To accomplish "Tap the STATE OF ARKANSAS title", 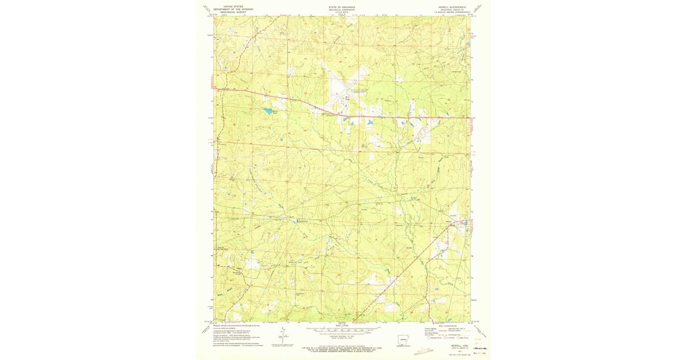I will [342, 7].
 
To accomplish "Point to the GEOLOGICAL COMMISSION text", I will [342, 10].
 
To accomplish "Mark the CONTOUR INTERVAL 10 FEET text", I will [342, 336].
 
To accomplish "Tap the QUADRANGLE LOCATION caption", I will [404, 348].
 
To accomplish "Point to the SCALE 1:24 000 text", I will [342, 326].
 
